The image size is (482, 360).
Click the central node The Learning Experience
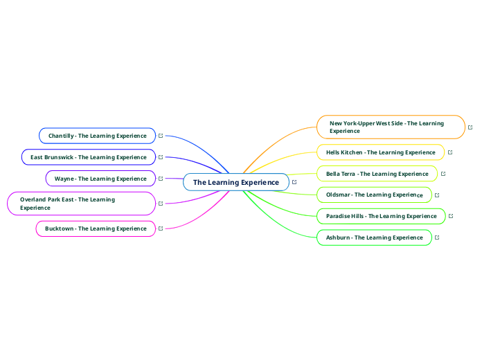[235, 182]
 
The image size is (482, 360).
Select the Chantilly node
[97, 136]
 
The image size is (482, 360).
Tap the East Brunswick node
[88, 157]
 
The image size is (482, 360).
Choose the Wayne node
[100, 179]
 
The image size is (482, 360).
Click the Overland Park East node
[81, 204]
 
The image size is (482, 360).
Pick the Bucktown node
[96, 228]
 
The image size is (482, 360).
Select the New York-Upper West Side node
[391, 127]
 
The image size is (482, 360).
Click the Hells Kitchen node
[380, 152]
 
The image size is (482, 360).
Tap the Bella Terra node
[377, 174]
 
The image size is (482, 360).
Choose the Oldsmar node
[374, 195]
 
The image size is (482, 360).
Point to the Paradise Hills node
[381, 216]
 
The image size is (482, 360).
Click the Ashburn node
[374, 237]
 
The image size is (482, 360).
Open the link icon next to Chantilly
[161, 136]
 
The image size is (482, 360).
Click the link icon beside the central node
[295, 182]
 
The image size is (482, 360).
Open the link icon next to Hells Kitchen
[450, 152]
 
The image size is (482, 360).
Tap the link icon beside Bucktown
[161, 228]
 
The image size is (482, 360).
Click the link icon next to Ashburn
[438, 237]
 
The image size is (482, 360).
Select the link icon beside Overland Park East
[161, 204]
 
